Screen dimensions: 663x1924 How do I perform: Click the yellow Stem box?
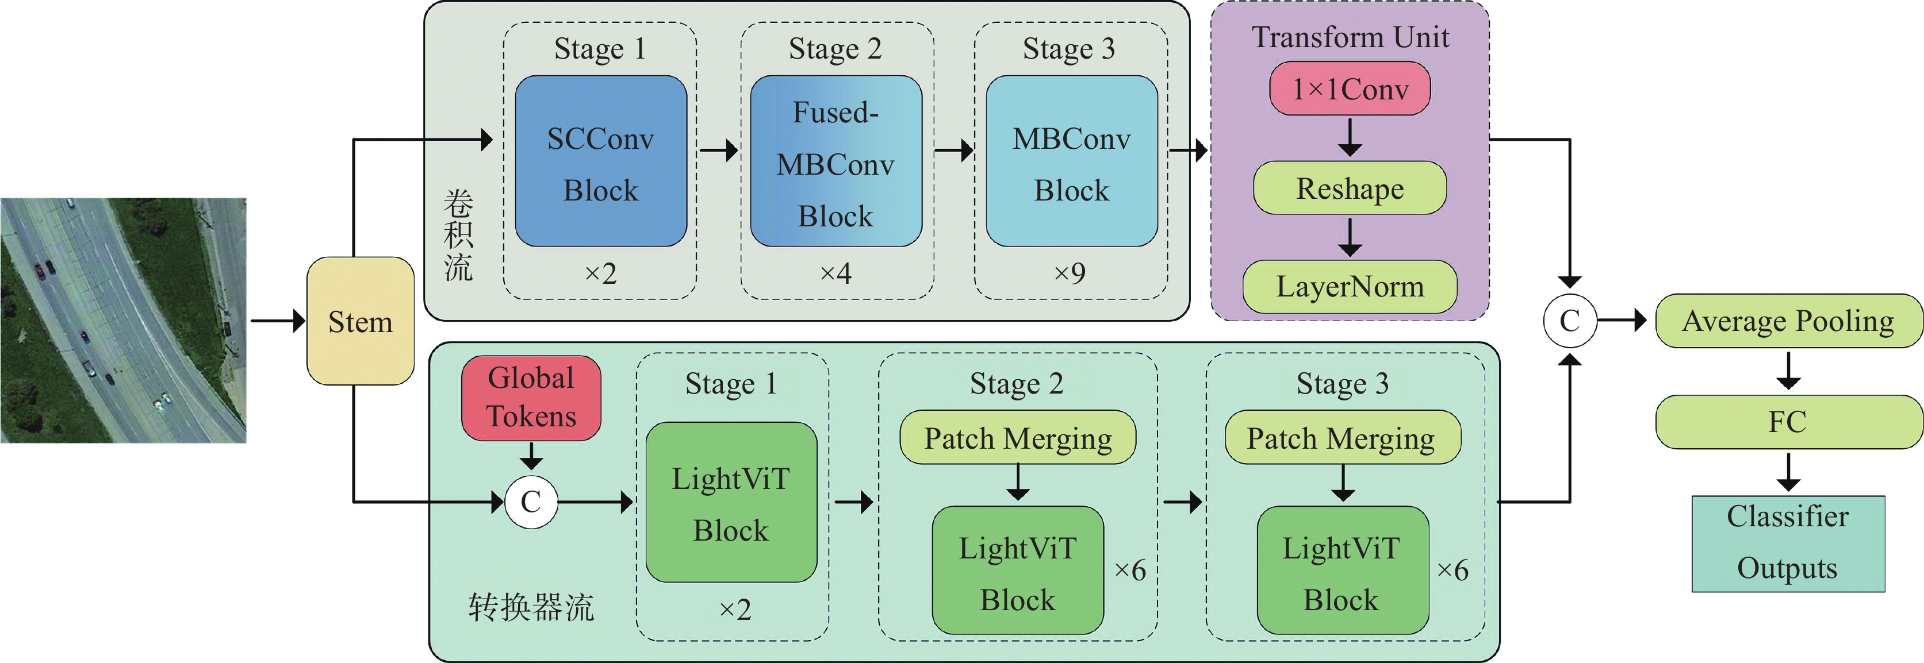[x=360, y=321]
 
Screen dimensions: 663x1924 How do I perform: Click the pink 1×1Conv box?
[x=1350, y=89]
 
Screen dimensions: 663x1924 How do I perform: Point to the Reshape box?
[x=1350, y=188]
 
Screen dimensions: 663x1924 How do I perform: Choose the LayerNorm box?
[x=1350, y=287]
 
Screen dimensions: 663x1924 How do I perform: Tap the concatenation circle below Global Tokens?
[x=531, y=502]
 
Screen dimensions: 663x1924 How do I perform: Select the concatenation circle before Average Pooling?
[x=1570, y=321]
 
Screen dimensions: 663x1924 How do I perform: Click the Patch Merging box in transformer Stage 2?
[x=1017, y=438]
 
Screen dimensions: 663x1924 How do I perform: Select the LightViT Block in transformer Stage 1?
[x=730, y=503]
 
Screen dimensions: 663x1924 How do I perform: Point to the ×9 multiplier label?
[x=1070, y=273]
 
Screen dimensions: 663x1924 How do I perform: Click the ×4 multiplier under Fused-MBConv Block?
[x=835, y=273]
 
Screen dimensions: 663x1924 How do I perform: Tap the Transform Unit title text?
[x=1350, y=37]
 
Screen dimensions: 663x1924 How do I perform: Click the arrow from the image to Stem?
[x=277, y=321]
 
